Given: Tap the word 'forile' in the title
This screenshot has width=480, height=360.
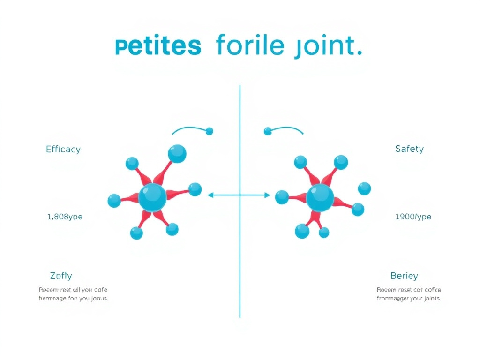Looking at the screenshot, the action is (250, 47).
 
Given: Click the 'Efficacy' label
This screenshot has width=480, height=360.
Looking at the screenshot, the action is (63, 150).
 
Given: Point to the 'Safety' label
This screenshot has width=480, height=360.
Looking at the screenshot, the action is (409, 149).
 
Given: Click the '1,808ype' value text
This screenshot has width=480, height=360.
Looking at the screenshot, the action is (65, 217).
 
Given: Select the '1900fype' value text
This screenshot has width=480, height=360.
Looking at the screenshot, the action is (413, 217).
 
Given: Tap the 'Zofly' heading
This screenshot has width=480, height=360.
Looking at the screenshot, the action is (61, 276).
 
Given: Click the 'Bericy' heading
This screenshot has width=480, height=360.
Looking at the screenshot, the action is (404, 276).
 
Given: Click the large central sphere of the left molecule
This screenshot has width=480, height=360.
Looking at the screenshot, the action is (152, 197).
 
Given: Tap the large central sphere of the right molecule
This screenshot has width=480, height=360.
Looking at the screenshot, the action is (320, 197).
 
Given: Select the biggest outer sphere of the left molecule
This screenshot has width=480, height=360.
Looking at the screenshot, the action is (177, 154).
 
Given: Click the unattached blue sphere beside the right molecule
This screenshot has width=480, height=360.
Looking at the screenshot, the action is (364, 188).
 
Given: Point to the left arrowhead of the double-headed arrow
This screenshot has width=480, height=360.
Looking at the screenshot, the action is (210, 195).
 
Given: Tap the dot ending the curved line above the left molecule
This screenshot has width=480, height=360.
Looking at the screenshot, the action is (209, 131).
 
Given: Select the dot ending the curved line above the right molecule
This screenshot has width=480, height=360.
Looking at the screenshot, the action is (268, 131).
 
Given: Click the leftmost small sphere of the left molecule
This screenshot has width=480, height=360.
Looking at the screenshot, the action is (114, 201).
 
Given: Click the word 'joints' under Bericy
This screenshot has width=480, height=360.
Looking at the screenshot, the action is (430, 299).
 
